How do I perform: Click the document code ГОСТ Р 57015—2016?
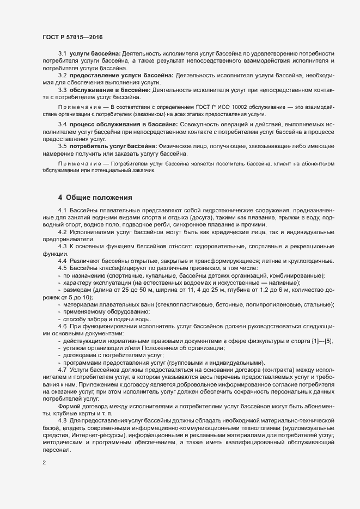point(72,38)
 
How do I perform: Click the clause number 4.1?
point(62,211)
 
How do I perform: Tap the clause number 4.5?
point(62,268)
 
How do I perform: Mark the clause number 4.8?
point(62,406)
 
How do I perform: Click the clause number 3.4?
point(62,125)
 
